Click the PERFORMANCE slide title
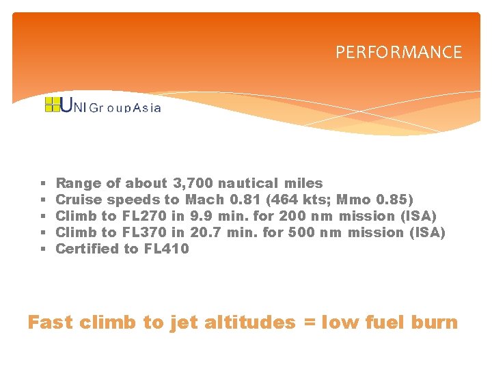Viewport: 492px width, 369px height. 398,53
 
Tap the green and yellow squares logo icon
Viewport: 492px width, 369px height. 52,105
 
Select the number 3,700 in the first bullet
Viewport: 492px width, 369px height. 193,183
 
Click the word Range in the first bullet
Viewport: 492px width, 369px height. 78,183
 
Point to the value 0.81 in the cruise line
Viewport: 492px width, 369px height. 245,200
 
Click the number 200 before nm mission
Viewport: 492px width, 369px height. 292,216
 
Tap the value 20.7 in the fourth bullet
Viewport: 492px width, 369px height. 206,232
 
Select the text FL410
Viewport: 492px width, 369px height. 167,249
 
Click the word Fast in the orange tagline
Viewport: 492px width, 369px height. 50,323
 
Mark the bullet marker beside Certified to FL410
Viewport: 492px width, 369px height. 42,249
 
